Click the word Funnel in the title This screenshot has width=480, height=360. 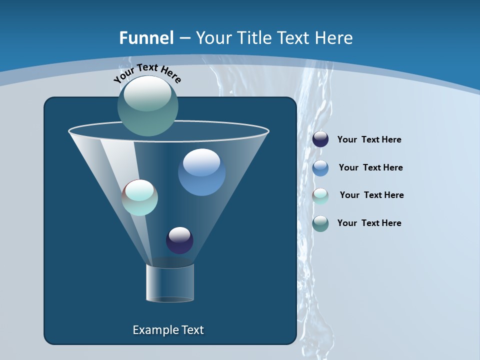146,38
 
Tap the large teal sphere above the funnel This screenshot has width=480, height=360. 148,106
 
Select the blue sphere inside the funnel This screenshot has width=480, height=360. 202,172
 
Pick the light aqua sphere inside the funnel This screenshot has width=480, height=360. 140,197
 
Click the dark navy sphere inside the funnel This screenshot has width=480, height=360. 179,240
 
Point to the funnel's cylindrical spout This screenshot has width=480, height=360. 170,283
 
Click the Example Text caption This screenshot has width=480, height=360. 168,330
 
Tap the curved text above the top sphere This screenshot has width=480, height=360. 147,72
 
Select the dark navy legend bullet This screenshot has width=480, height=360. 320,139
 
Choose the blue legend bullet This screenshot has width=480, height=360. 320,168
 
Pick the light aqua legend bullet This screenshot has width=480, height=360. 320,196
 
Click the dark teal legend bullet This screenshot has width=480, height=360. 320,223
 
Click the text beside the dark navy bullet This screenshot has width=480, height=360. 369,140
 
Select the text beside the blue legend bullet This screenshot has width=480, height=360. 370,168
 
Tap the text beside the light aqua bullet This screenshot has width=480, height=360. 371,195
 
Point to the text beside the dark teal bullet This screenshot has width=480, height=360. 369,223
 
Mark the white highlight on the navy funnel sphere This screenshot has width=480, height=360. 179,234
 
